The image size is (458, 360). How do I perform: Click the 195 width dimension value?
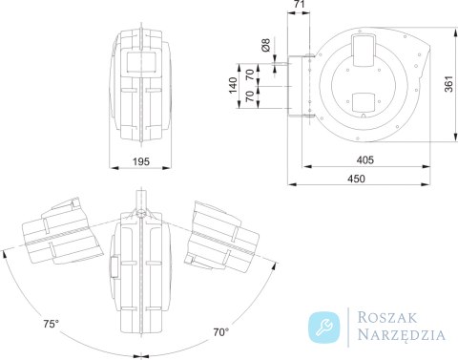coord(141,161)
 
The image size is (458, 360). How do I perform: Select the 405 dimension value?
coord(364,159)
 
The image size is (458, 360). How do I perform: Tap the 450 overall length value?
coord(356,179)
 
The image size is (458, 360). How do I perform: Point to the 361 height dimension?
coord(448,84)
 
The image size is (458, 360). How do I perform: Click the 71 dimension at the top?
coord(299,4)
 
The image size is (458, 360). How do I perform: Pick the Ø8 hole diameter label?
coord(265,45)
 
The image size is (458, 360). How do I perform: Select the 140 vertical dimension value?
coord(233,85)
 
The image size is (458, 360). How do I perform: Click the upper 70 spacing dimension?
coord(250,74)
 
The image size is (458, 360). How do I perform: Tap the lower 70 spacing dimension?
coord(250,95)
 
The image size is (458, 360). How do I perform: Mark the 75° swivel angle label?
coord(52,324)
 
